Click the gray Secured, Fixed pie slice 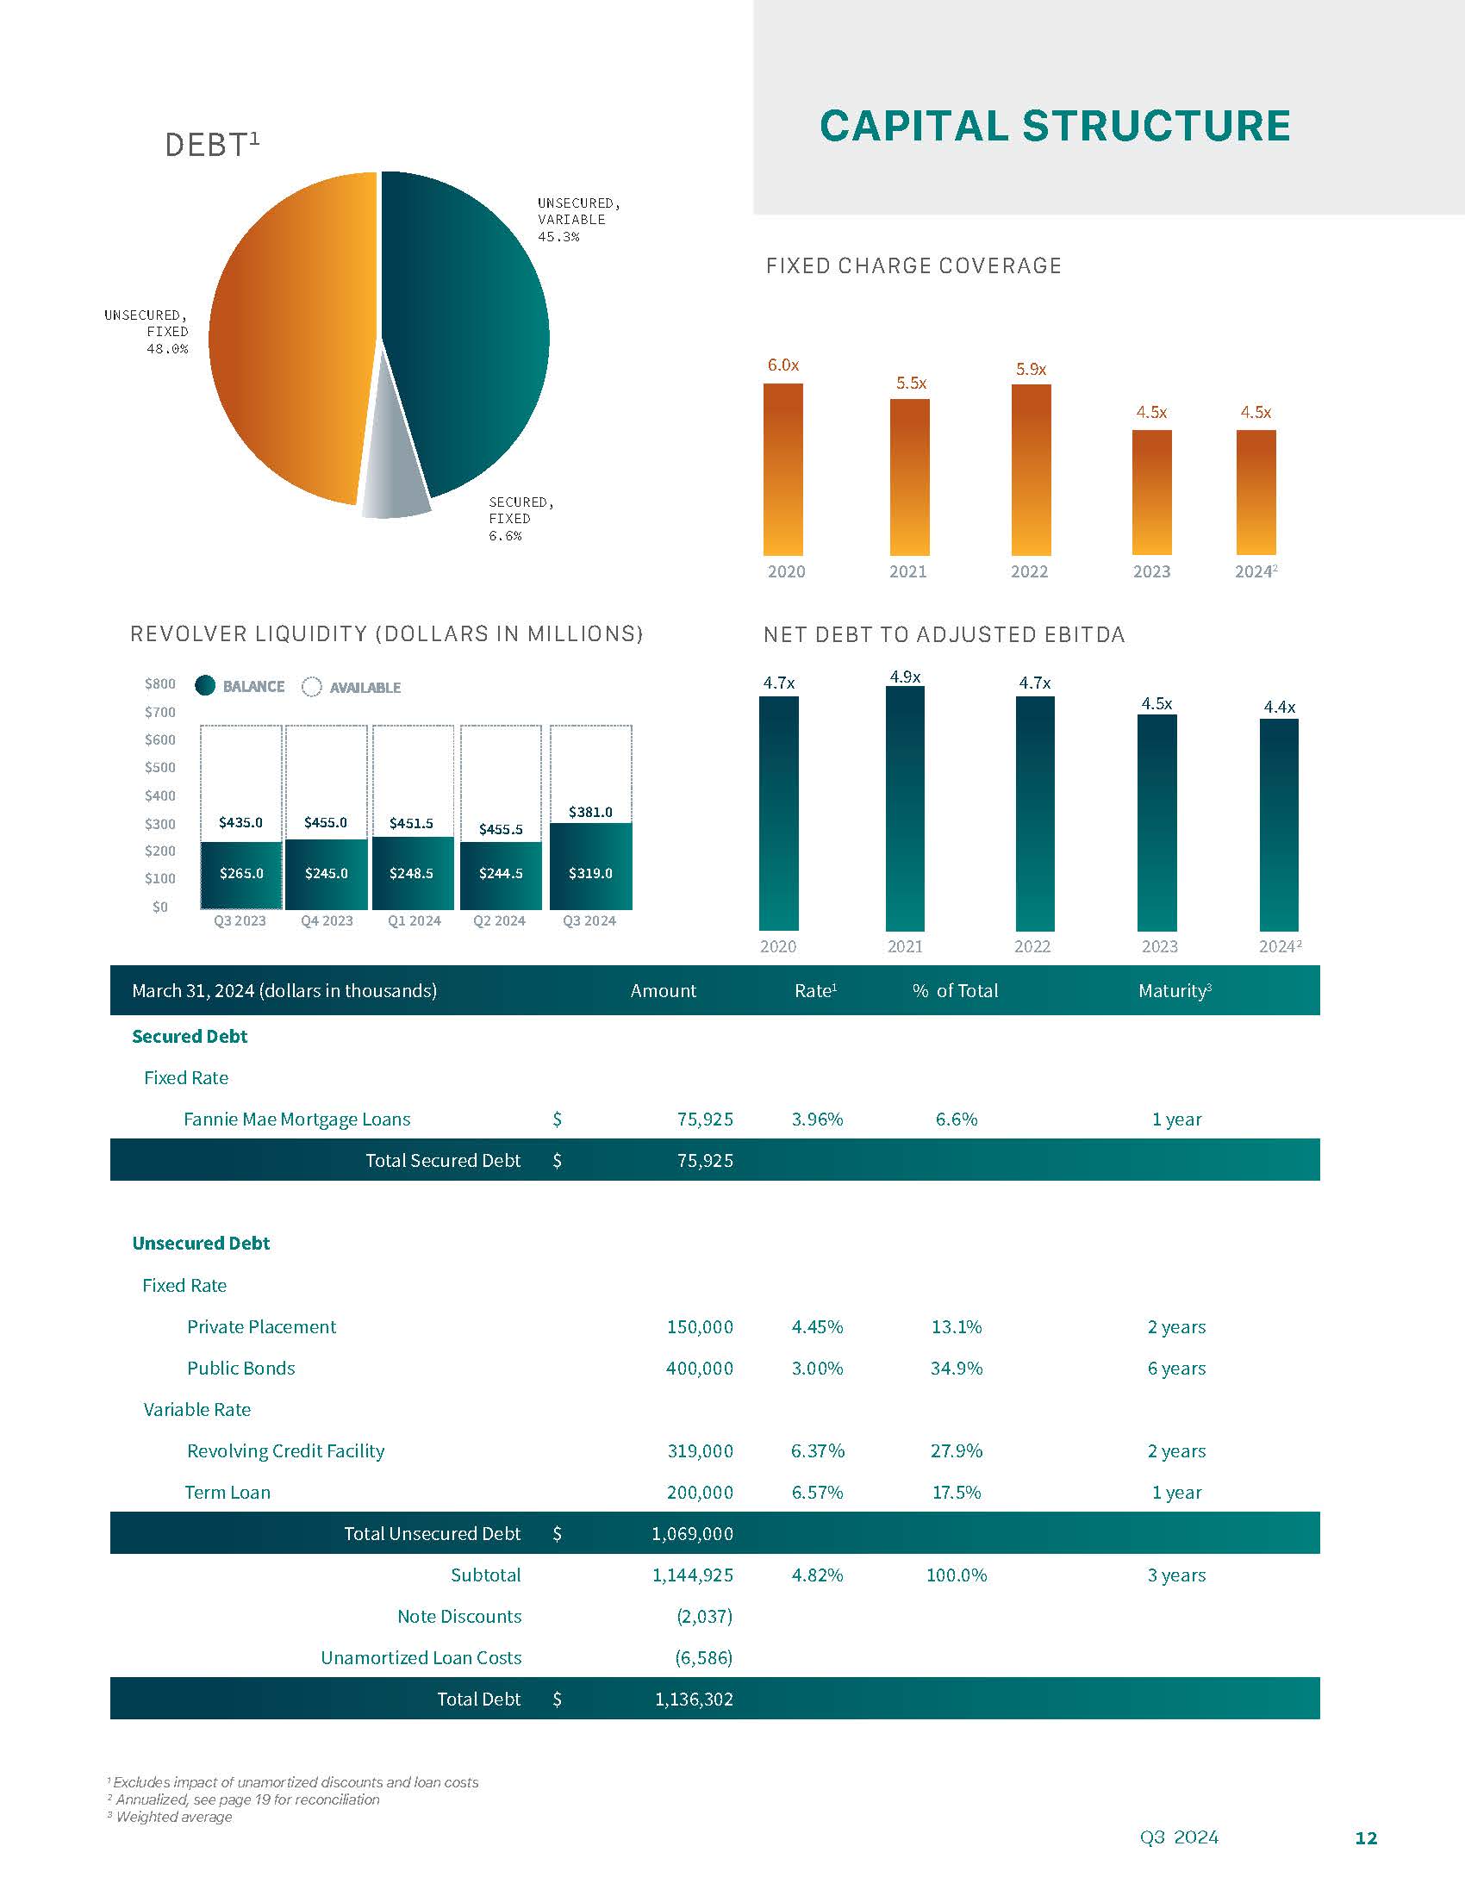pyautogui.click(x=395, y=486)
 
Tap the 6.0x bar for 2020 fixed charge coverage pyautogui.click(x=782, y=469)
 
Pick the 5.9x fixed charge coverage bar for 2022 pyautogui.click(x=1031, y=469)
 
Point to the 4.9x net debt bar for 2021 pyautogui.click(x=905, y=808)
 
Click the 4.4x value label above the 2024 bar pyautogui.click(x=1279, y=707)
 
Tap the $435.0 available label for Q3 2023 pyautogui.click(x=240, y=822)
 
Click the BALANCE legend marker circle pyautogui.click(x=205, y=686)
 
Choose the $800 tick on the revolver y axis pyautogui.click(x=159, y=684)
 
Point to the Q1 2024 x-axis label pyautogui.click(x=414, y=920)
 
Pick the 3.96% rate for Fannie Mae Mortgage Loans pyautogui.click(x=817, y=1119)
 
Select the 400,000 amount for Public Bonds pyautogui.click(x=700, y=1369)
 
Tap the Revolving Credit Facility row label pyautogui.click(x=285, y=1450)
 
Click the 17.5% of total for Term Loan pyautogui.click(x=956, y=1493)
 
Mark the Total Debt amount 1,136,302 pyautogui.click(x=694, y=1699)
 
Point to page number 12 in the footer pyautogui.click(x=1366, y=1838)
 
